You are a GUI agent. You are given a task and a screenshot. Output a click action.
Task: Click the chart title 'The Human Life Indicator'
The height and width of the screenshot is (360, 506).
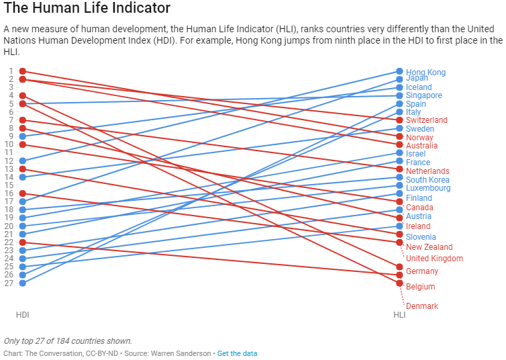pos(87,9)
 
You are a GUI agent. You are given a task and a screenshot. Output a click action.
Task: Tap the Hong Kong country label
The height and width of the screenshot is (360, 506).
pos(425,73)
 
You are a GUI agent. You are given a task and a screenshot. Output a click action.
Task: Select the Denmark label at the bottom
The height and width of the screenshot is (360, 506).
pos(422,306)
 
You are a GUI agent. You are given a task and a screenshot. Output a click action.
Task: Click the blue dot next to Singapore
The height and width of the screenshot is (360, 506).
pos(399,95)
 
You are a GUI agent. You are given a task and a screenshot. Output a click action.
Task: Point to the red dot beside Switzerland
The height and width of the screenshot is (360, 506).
pos(399,120)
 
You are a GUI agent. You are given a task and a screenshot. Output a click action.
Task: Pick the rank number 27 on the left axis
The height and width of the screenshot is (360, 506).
pos(9,283)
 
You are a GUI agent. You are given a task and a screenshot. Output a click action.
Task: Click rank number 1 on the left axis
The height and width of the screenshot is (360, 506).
pos(11,71)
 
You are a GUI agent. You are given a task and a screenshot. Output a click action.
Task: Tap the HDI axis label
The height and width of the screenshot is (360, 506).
pos(23,314)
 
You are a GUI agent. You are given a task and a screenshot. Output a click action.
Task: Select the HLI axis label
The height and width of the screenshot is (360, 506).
pos(399,314)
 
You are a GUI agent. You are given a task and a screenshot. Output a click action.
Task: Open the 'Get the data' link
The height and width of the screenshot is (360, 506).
pos(237,353)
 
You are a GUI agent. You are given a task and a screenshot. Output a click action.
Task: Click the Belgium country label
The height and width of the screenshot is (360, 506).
pos(421,287)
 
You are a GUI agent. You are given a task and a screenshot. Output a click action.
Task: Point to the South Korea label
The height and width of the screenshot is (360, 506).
pos(427,180)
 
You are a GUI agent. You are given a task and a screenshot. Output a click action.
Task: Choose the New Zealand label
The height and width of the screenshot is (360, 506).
pos(429,247)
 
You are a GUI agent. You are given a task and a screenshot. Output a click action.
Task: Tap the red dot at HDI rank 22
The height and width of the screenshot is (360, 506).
pos(23,242)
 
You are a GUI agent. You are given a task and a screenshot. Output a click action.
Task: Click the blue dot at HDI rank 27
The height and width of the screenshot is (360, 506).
pos(23,283)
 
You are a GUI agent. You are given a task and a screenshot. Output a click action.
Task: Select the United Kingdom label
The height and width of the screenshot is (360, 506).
pos(434,259)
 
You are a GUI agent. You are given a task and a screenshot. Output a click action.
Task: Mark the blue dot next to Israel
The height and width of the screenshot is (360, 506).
pos(399,153)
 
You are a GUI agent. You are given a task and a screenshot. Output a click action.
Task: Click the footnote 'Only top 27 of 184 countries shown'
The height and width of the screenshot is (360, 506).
pos(68,341)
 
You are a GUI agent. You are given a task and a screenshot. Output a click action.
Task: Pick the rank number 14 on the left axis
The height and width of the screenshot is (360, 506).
pos(9,177)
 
